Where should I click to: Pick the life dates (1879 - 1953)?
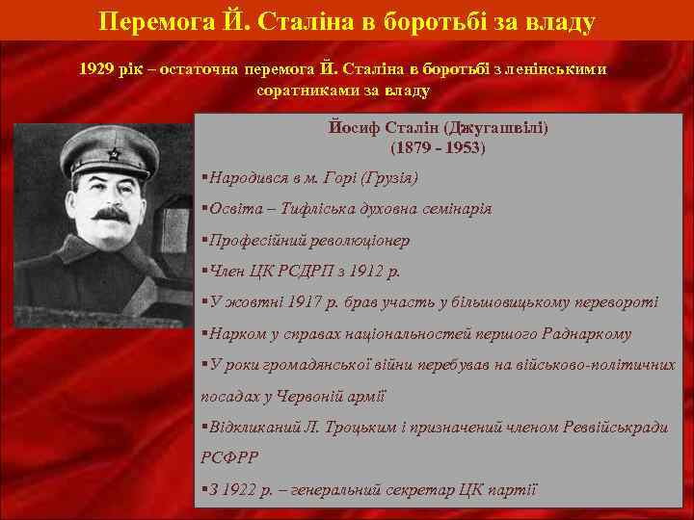439,148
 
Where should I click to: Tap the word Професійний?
252,240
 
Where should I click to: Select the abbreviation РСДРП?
309,271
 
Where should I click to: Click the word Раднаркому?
586,333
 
